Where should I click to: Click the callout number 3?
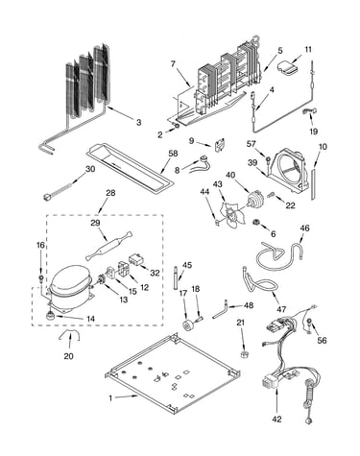(138, 122)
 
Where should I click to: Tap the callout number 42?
(276, 419)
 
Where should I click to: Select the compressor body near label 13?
(70, 286)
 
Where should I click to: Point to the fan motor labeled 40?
(254, 198)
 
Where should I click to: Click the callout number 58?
(173, 154)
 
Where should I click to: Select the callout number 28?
(110, 193)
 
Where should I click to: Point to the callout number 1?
(110, 398)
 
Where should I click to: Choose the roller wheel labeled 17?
(187, 324)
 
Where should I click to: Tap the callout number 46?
(305, 228)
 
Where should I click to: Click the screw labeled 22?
(273, 194)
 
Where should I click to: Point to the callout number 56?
(322, 340)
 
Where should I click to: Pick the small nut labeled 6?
(256, 222)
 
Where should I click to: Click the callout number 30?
(90, 169)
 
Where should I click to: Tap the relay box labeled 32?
(136, 259)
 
